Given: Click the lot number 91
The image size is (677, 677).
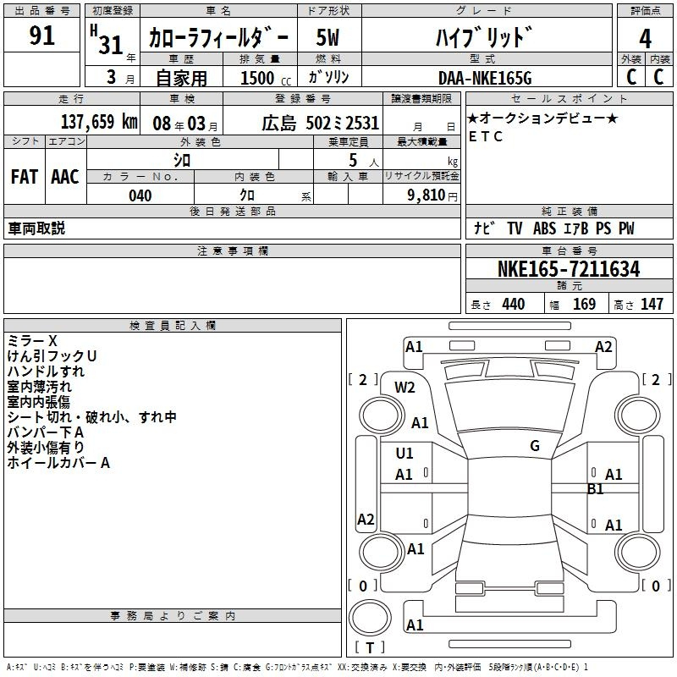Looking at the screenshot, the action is click(41, 36).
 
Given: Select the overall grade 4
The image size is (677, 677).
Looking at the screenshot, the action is click(645, 39).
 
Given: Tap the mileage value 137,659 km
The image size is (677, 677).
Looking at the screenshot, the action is click(99, 122).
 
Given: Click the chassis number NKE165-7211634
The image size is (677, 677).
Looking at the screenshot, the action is click(569, 269).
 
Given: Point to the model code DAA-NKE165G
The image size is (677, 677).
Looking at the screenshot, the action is click(485, 78).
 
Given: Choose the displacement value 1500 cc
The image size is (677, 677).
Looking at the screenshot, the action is click(266, 78).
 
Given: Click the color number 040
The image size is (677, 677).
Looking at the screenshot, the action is click(140, 195).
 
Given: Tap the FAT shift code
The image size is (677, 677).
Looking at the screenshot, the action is click(25, 177).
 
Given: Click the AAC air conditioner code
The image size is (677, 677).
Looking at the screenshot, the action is click(65, 177).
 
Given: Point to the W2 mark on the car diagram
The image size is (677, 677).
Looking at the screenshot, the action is click(405, 388).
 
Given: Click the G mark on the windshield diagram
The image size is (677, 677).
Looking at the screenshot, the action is click(535, 446).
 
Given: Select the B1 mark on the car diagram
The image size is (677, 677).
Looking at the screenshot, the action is click(595, 489).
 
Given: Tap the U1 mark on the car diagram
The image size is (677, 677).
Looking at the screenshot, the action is click(405, 454).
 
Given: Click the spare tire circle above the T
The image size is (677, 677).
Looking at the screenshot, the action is click(370, 618).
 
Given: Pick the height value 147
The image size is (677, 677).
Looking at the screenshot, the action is click(652, 304).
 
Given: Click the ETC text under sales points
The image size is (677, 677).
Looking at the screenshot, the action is click(486, 136).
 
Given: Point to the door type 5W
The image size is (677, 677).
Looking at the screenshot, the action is click(327, 37).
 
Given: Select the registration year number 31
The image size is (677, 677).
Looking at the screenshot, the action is click(111, 45).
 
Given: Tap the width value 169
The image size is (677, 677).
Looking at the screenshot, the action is click(584, 304).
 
